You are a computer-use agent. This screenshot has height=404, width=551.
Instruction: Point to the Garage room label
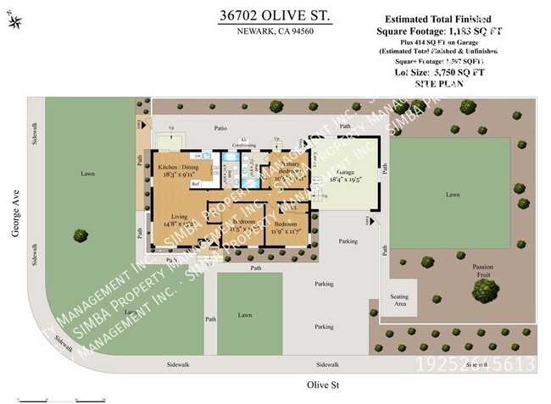[x=344, y=174]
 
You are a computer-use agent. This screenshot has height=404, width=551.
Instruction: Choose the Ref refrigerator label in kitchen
[x=194, y=184]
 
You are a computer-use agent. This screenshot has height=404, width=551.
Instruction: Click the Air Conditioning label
[x=245, y=143]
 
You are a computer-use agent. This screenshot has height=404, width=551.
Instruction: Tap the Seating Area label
[x=398, y=300]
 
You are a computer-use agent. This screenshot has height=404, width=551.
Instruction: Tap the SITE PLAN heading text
[x=437, y=86]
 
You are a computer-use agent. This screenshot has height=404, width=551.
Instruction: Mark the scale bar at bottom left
[x=59, y=397]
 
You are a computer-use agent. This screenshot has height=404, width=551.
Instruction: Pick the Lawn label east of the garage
[x=452, y=194]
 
